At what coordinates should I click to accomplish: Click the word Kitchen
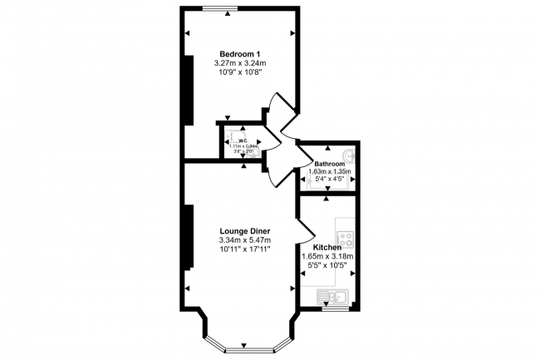(x=327, y=247)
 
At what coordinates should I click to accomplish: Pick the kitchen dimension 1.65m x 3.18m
(x=327, y=257)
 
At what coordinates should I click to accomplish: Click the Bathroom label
(x=330, y=165)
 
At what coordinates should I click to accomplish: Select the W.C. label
(x=244, y=141)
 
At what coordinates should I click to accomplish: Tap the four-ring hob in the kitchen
(x=346, y=238)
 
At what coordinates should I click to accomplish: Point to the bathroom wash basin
(x=351, y=155)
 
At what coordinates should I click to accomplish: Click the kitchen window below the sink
(x=336, y=308)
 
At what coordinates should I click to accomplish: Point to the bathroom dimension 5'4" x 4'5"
(x=330, y=180)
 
